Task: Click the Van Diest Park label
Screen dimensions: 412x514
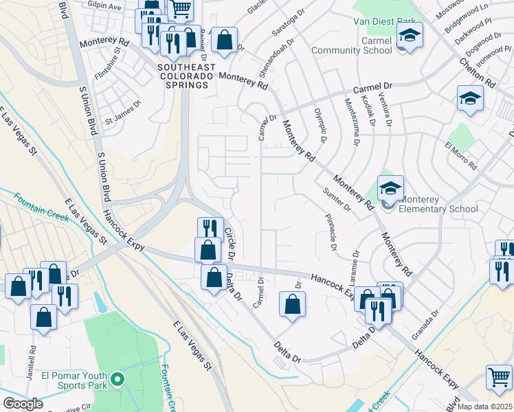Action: (383, 22)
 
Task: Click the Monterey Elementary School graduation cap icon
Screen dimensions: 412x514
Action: (390, 187)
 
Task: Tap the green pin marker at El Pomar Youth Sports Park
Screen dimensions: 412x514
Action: (118, 378)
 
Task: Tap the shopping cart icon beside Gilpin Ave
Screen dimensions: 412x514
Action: (180, 8)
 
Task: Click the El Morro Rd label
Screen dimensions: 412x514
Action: (460, 157)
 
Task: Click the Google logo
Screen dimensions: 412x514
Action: (23, 403)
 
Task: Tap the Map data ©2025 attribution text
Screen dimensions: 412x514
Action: (484, 407)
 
